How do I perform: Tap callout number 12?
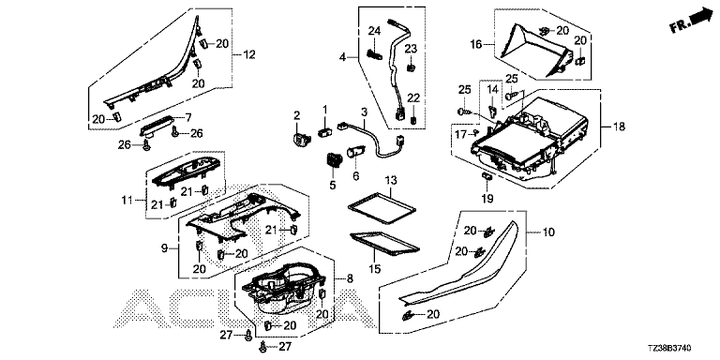pos(248,54)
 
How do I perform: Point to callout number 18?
pos(619,127)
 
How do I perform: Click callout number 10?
pos(548,232)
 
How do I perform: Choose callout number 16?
pos(475,45)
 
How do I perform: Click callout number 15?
pos(375,269)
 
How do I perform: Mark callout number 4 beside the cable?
pos(342,57)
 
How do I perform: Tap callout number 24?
pos(374,31)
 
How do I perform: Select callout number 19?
pos(487,199)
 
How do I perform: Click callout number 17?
pos(460,134)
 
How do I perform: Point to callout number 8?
pos(350,278)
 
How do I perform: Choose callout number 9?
pos(164,248)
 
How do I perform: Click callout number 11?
pos(127,201)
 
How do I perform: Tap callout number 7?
pos(188,117)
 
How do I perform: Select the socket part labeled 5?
pos(334,159)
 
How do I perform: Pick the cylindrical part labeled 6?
pos(356,152)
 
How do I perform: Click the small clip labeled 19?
pos(487,175)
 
